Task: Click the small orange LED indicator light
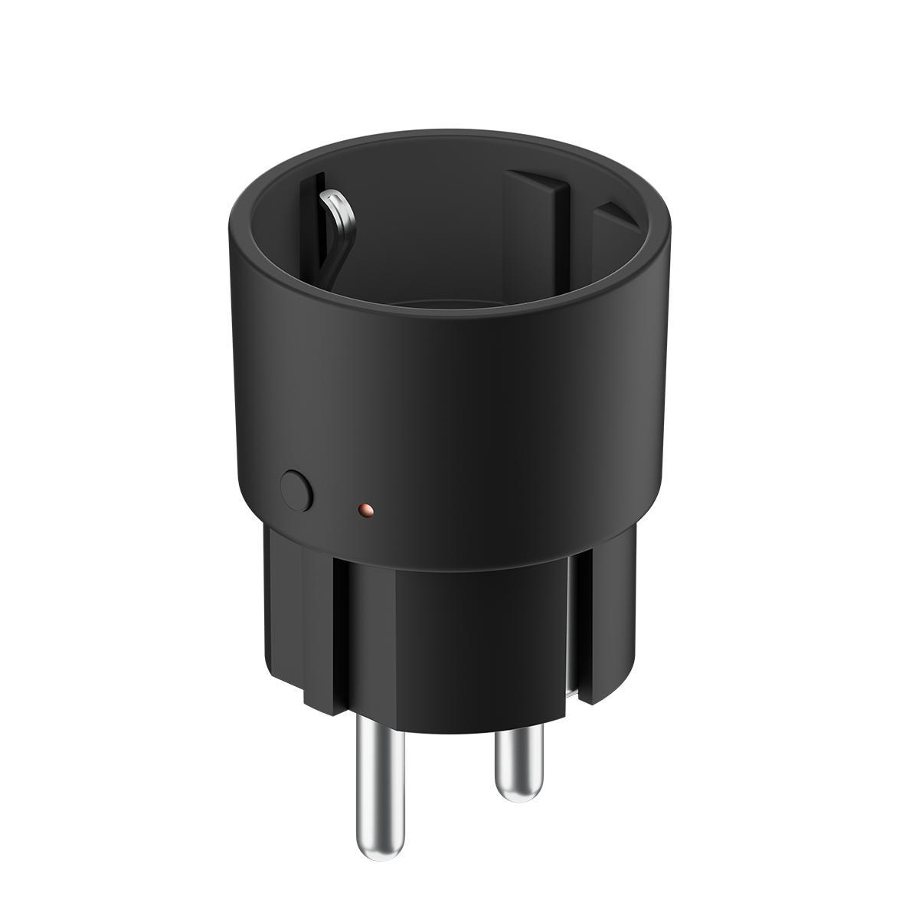365,508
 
